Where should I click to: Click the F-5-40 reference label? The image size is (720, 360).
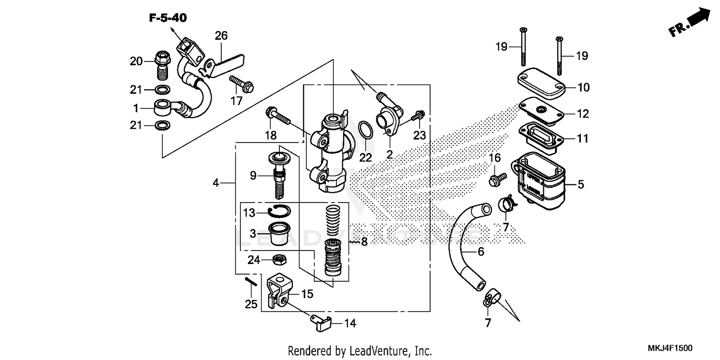point(168,18)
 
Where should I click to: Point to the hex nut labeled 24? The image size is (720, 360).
point(279,260)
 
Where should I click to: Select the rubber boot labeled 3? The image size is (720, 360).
point(278,234)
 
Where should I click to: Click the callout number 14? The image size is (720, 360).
point(350,324)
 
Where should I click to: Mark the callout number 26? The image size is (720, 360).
point(221,36)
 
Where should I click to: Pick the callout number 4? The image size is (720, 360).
point(216,182)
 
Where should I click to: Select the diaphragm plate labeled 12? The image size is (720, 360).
point(540,111)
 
